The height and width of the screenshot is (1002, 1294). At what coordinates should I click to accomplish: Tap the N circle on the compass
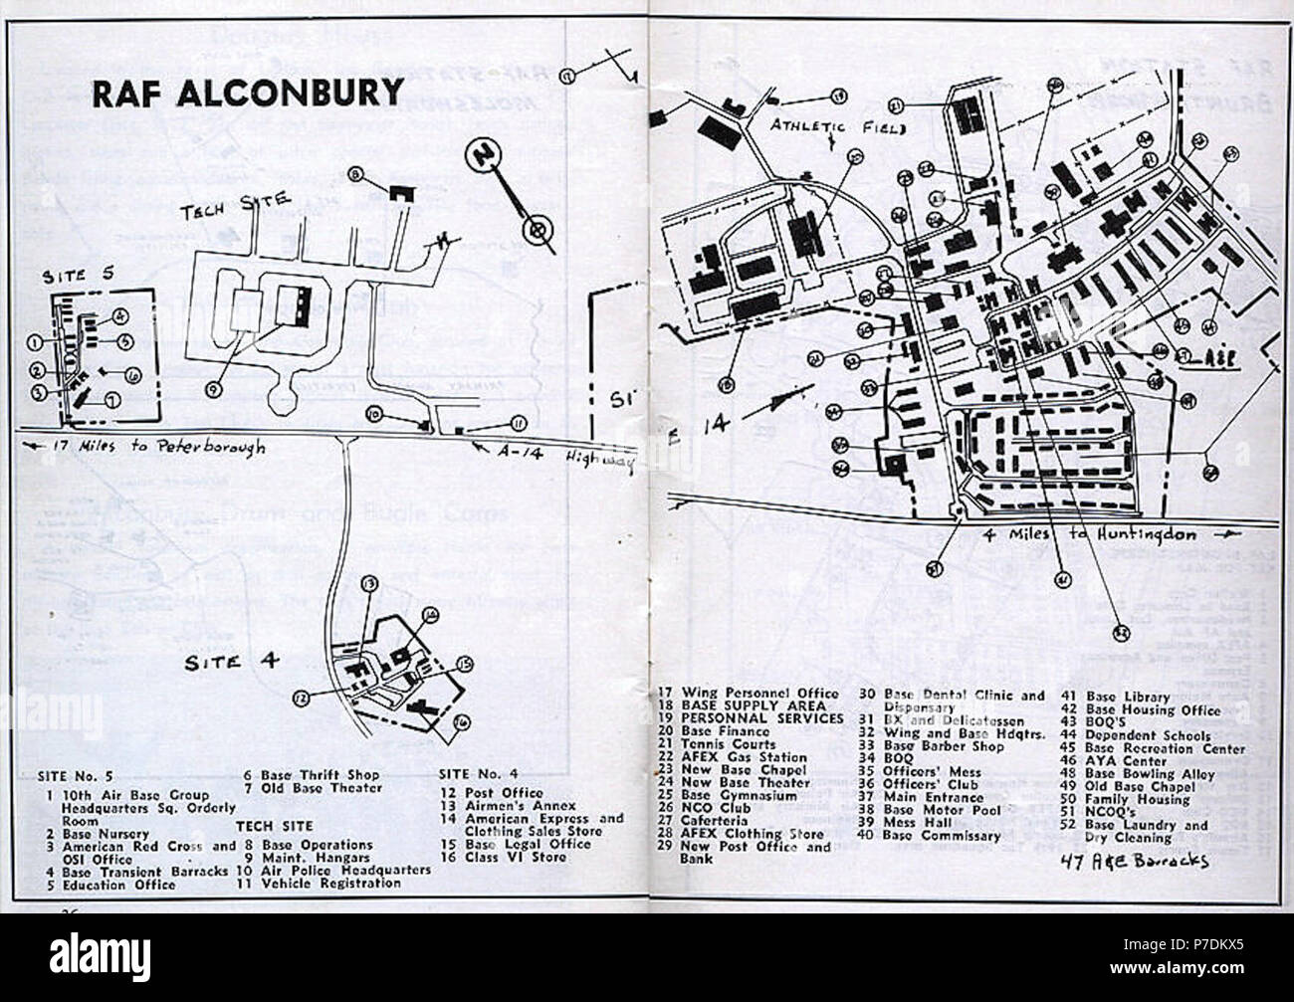pyautogui.click(x=485, y=156)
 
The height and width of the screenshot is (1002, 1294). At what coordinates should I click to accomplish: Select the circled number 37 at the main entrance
pyautogui.click(x=933, y=569)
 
